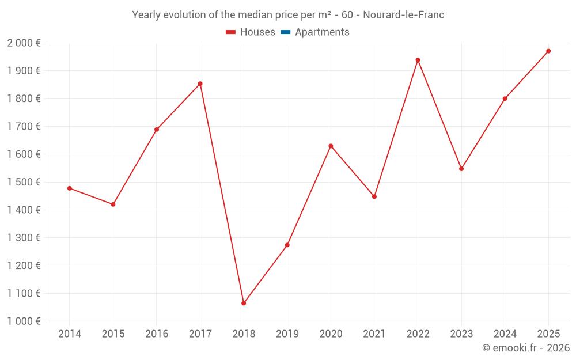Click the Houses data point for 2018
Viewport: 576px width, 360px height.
[244, 303]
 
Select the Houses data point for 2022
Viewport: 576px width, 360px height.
[418, 60]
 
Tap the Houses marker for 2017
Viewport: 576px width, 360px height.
[200, 84]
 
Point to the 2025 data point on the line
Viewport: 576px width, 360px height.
[548, 51]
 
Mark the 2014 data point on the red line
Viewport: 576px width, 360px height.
[70, 188]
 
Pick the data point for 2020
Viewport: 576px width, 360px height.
[331, 146]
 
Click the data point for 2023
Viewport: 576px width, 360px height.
[461, 169]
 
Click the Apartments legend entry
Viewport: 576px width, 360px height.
[322, 32]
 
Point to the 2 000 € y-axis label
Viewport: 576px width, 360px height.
[24, 43]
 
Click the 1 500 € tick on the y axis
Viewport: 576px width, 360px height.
[24, 182]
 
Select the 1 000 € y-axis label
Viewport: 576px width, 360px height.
[24, 321]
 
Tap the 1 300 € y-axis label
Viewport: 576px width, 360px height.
[24, 238]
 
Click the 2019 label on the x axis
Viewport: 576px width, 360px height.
[287, 334]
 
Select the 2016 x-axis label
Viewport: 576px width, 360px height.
[157, 334]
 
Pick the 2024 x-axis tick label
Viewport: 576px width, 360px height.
[505, 334]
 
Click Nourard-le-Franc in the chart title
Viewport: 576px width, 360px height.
[403, 15]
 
